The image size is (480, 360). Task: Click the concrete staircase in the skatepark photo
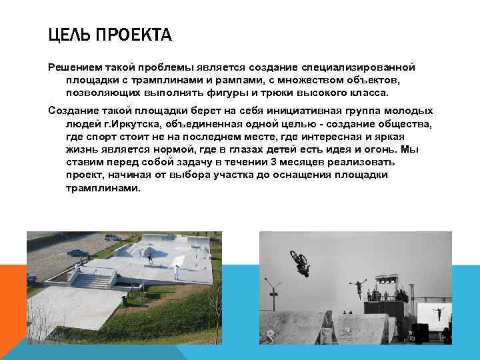tap(91, 279)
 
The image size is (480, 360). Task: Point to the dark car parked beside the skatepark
tap(79, 253)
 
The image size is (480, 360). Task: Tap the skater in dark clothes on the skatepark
tap(150, 257)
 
